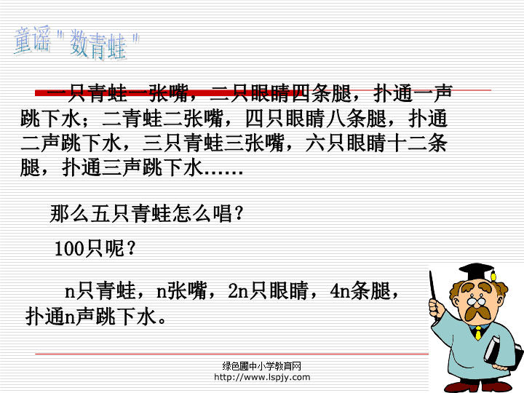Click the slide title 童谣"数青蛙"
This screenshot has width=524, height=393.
[x=76, y=43]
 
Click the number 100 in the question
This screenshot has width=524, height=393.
[x=68, y=249]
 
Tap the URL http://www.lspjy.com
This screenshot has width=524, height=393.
[x=262, y=378]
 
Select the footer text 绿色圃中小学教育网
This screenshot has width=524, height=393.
[x=262, y=366]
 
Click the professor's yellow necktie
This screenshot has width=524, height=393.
[x=479, y=333]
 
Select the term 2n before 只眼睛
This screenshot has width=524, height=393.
[x=238, y=290]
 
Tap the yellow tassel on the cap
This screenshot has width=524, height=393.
[x=493, y=275]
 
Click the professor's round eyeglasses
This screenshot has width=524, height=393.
[x=476, y=301]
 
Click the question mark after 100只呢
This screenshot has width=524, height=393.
[x=131, y=248]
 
